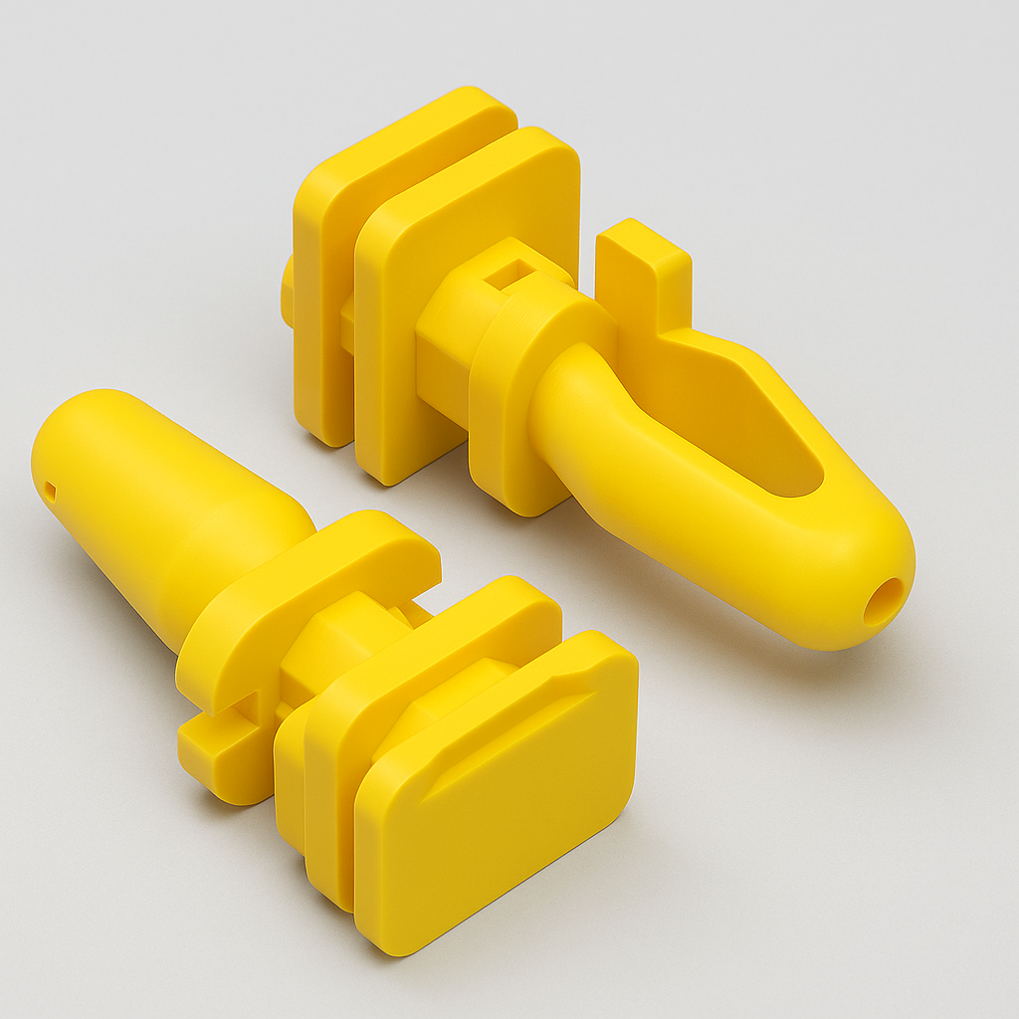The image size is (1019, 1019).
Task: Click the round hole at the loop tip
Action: (883, 601)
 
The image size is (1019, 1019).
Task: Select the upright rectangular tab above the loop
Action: (641, 274)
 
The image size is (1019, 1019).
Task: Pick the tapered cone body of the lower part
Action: (159, 498)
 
